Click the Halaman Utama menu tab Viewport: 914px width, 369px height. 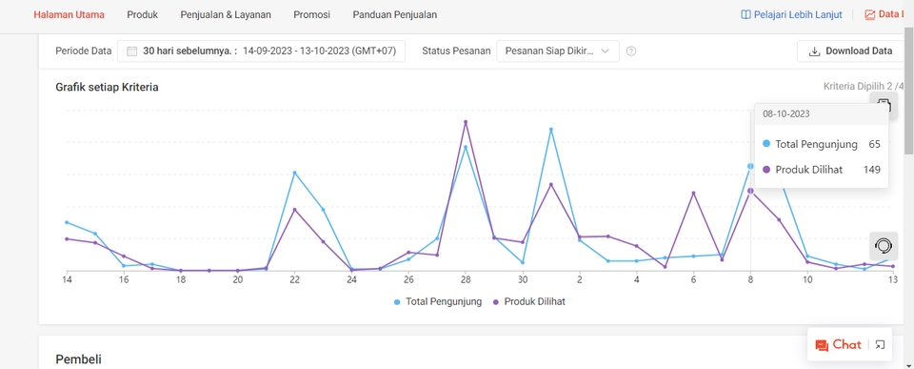pyautogui.click(x=69, y=15)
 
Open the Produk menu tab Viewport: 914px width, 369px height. pyautogui.click(x=143, y=15)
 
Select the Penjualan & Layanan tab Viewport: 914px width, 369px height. pyautogui.click(x=226, y=15)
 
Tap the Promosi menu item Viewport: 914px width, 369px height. pyautogui.click(x=312, y=15)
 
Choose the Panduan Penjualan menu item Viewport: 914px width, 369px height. pyautogui.click(x=395, y=15)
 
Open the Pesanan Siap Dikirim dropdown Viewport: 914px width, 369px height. pyautogui.click(x=558, y=51)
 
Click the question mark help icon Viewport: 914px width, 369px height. pyautogui.click(x=631, y=51)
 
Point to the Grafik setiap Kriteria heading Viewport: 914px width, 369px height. pyautogui.click(x=107, y=87)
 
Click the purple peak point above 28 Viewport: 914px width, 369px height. pyautogui.click(x=466, y=122)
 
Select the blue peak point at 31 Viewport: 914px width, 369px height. pyautogui.click(x=551, y=130)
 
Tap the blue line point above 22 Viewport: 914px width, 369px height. pyautogui.click(x=295, y=173)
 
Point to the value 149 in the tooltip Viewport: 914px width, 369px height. pyautogui.click(x=871, y=170)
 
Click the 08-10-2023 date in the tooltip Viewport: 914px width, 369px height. pyautogui.click(x=786, y=113)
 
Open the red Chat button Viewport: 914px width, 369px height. pyautogui.click(x=839, y=344)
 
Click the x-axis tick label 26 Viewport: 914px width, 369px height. pyautogui.click(x=408, y=280)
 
